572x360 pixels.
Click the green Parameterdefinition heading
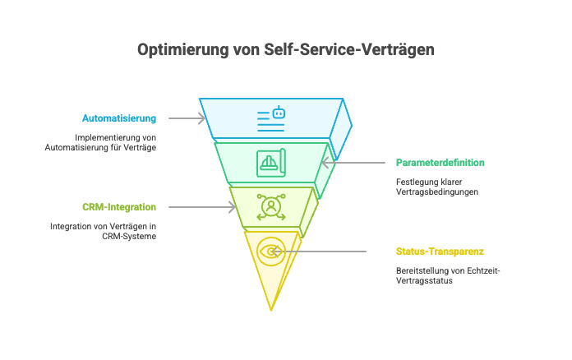point(440,163)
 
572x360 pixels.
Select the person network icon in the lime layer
point(270,206)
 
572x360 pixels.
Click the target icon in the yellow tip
point(270,252)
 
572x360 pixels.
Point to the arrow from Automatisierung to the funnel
point(186,118)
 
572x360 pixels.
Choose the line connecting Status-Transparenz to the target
point(329,252)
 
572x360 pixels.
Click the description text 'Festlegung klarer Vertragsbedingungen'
point(436,187)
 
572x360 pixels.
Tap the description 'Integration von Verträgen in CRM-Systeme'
point(103,231)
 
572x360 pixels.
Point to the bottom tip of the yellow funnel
point(270,309)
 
